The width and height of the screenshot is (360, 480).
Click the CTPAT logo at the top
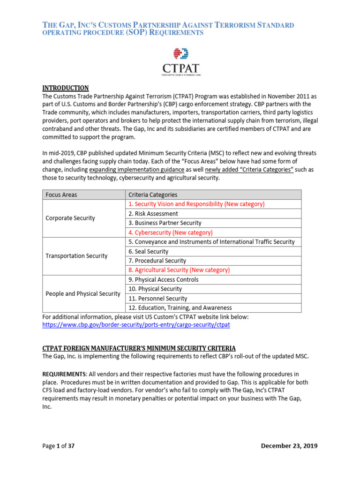[x=180, y=61]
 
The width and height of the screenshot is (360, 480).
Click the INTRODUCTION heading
[x=65, y=88]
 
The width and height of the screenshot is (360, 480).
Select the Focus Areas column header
[x=61, y=195]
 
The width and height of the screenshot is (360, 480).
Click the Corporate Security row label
[x=70, y=218]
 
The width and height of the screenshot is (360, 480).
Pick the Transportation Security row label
[x=76, y=256]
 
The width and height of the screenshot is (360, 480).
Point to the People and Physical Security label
[x=83, y=293]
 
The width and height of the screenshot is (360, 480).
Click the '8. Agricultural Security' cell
[x=179, y=270]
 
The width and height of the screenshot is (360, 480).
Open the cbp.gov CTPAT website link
[x=136, y=324]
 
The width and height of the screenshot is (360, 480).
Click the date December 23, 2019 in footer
[x=289, y=446]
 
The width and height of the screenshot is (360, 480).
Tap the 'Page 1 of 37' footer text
[x=59, y=446]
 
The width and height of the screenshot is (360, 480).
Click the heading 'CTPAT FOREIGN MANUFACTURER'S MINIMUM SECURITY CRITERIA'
[x=139, y=348]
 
